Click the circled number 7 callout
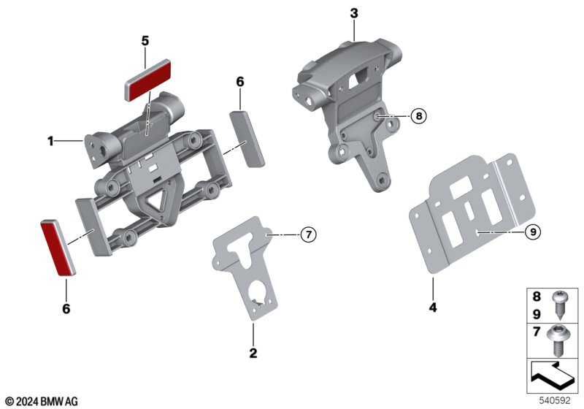point(308,234)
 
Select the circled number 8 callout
point(419,116)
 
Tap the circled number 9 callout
point(533,232)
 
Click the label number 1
point(50,142)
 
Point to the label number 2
point(253,353)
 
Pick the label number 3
point(354,13)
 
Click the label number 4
point(433,307)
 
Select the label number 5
point(145,41)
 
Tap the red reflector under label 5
point(147,80)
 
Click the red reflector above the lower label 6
point(58,248)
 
